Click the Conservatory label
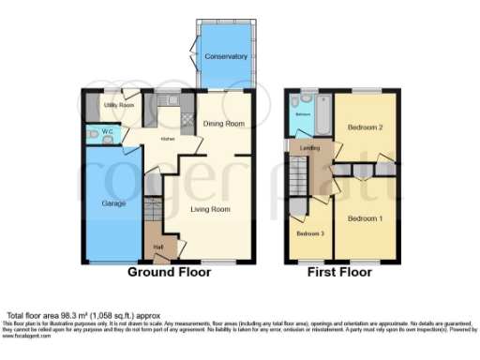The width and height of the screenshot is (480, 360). (225, 56)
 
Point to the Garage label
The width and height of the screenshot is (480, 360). (113, 202)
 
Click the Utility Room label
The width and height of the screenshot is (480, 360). (119, 107)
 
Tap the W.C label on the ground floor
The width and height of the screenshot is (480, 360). (108, 131)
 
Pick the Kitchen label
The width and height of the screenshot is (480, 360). (168, 138)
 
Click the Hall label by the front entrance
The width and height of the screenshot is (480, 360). (158, 247)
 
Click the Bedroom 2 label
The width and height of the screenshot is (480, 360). (365, 126)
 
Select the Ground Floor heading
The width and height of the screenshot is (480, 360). (170, 276)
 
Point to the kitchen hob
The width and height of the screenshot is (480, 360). (184, 120)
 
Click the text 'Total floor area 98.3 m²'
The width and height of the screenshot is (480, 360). (56, 316)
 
